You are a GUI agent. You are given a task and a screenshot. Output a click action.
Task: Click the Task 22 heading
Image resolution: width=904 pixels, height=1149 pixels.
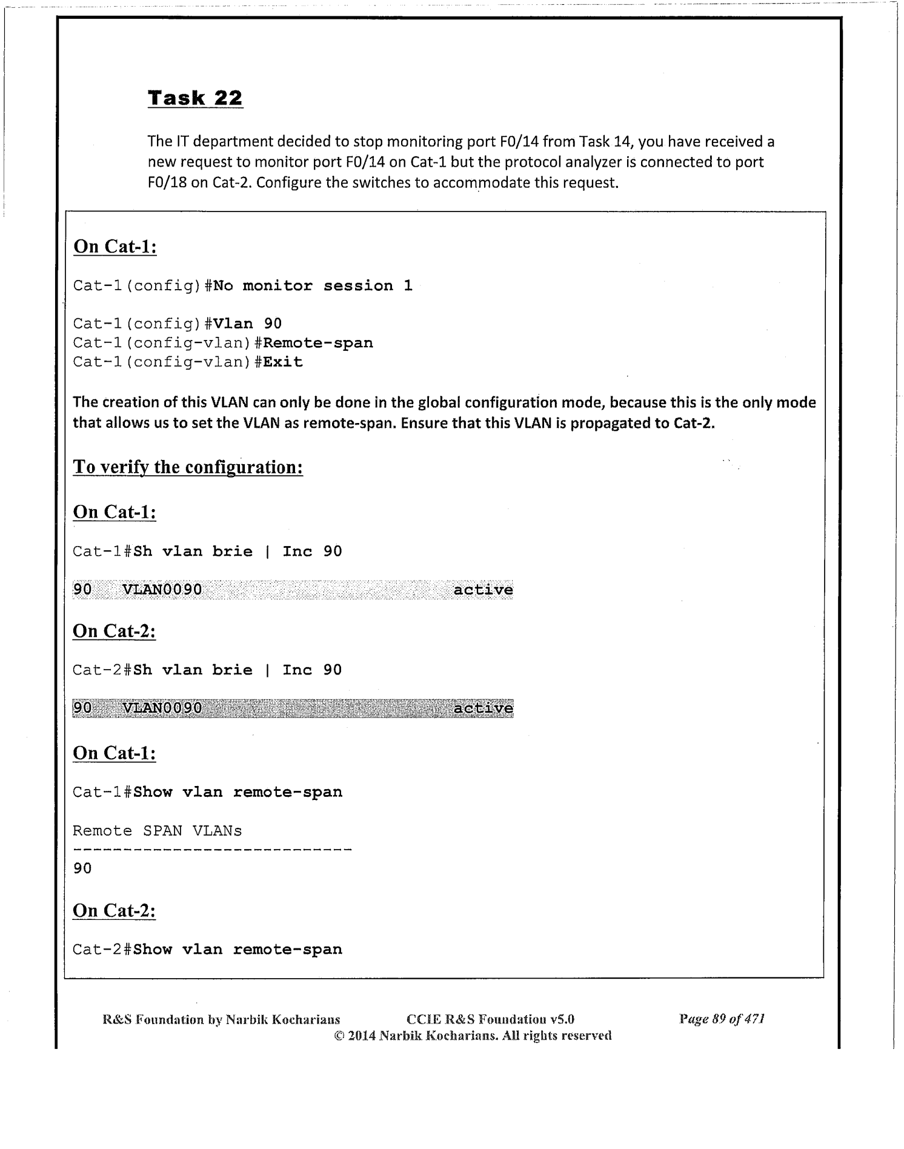(195, 98)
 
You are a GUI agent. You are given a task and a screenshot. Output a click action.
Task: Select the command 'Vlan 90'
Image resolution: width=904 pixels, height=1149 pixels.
(248, 324)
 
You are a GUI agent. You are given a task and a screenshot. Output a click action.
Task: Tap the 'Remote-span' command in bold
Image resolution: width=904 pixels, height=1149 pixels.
(318, 343)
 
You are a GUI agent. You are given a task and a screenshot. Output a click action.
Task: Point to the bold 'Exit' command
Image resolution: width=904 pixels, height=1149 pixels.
(283, 362)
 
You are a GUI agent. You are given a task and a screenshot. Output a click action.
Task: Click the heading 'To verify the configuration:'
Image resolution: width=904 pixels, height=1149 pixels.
(188, 467)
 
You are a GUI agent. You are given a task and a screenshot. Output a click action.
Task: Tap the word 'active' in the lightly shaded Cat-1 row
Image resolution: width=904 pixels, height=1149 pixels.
(483, 590)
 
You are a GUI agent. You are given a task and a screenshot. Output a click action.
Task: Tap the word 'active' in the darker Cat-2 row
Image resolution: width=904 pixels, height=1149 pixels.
(483, 708)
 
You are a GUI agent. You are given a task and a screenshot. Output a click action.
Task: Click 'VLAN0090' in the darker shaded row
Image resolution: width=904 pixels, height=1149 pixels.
(162, 708)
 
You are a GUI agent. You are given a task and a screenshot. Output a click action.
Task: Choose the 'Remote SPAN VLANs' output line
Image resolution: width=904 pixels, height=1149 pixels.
(157, 831)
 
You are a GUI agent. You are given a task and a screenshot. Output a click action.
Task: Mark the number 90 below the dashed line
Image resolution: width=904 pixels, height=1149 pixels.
(82, 868)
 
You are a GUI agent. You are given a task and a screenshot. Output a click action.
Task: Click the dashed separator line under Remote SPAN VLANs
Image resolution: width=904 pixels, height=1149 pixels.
(212, 850)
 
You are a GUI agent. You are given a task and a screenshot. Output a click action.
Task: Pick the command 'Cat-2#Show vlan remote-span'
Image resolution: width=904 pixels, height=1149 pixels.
(207, 949)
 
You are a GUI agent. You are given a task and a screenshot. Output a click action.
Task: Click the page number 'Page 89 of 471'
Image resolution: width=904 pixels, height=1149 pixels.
(722, 1019)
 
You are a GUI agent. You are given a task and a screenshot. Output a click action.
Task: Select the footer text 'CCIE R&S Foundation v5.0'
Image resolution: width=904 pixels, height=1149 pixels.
(491, 1019)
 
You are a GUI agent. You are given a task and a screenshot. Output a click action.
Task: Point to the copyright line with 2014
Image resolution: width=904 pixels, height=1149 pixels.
(473, 1035)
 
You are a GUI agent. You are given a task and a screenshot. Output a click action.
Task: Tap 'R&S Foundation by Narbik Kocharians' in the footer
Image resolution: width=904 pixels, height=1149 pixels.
(221, 1019)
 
